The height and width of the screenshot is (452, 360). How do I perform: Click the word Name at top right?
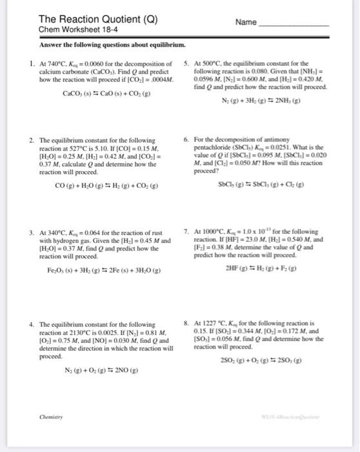[246, 22]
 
